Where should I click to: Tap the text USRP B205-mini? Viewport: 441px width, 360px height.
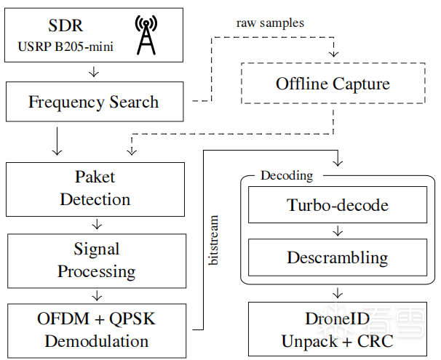72,49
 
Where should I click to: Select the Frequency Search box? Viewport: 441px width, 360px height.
93,101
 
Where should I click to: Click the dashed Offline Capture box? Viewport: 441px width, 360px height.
333,84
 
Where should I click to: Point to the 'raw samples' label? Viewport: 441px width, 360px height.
270,23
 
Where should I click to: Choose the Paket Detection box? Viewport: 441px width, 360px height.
95,188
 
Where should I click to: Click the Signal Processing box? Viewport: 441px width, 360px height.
96,260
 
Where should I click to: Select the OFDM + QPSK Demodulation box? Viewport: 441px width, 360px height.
96,329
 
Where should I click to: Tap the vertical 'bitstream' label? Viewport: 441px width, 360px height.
213,239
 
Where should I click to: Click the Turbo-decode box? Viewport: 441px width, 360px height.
337,206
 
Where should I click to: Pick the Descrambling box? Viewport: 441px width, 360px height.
337,257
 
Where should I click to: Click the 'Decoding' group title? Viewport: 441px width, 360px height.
286,175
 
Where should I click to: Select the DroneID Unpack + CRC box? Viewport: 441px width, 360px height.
337,329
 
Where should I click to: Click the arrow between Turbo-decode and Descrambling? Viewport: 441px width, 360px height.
337,231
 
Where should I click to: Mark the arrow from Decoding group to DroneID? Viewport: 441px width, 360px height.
337,293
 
